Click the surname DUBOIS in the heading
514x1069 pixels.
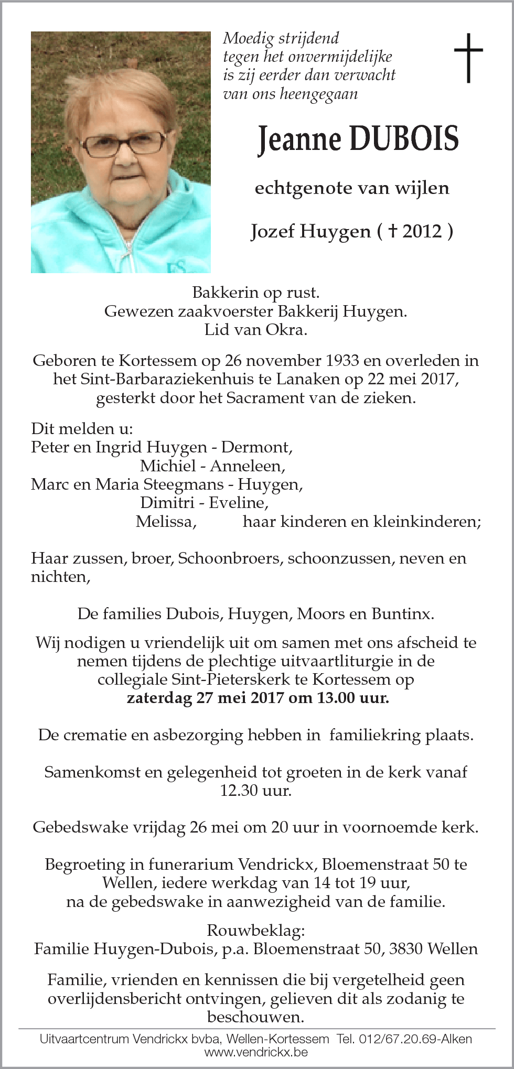point(403,139)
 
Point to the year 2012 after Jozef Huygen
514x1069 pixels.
point(422,231)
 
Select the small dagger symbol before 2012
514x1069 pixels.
point(392,231)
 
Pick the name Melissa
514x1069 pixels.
point(166,522)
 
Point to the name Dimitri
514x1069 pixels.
point(167,503)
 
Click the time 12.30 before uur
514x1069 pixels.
point(239,790)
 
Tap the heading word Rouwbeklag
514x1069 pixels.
point(255,931)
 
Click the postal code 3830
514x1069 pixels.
point(406,949)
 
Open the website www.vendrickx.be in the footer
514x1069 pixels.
point(256,1052)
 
